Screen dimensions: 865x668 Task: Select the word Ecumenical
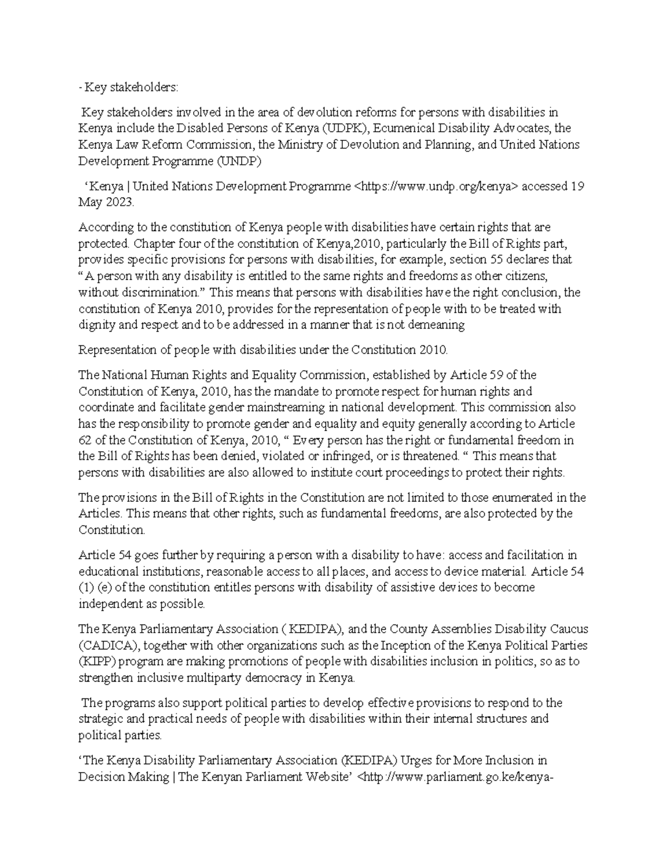click(400, 129)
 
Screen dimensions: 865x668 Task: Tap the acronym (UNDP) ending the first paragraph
click(238, 162)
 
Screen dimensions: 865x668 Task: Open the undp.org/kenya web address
click(436, 186)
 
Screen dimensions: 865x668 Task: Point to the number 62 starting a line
click(85, 441)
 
